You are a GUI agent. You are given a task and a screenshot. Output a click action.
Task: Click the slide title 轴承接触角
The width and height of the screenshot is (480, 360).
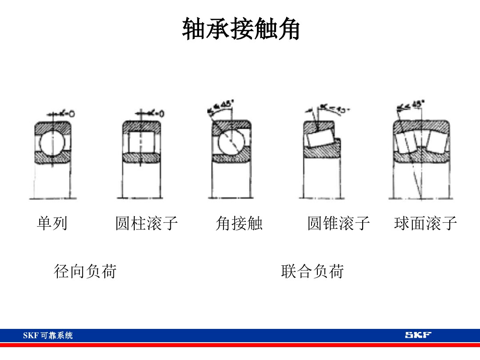point(240,30)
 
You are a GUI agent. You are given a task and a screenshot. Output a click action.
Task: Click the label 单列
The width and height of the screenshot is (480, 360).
point(52,223)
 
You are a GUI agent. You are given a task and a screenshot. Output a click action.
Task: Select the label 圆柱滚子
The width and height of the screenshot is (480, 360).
point(146,223)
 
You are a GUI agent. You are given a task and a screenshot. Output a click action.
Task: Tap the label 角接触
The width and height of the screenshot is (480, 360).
point(239,223)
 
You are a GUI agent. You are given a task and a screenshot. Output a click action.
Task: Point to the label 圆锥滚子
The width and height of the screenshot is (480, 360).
point(339,223)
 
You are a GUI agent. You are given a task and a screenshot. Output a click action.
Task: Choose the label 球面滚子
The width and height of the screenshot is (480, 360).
point(425,223)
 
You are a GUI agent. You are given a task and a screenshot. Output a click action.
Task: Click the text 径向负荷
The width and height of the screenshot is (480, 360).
point(85,271)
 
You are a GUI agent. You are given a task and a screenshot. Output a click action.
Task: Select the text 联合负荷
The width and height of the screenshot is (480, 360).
point(312,271)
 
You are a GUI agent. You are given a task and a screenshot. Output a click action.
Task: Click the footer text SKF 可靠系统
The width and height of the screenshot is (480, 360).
point(48,336)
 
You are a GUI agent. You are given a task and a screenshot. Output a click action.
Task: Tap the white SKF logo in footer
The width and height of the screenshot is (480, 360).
point(418,335)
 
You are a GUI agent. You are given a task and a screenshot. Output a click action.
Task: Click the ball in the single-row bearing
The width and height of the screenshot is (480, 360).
point(52,143)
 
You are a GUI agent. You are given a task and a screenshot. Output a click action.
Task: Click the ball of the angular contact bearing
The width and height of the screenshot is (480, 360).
point(231,143)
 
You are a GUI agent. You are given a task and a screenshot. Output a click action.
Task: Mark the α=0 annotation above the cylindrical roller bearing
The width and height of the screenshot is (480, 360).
point(153,113)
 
